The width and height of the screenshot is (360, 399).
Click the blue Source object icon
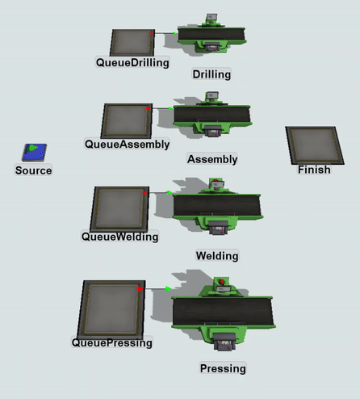[34, 152]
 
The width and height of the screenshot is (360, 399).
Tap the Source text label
[34, 170]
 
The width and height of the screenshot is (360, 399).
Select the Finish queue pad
[315, 145]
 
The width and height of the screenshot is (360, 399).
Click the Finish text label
[314, 170]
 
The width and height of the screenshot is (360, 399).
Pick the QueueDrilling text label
[132, 63]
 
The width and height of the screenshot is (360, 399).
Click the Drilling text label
[211, 74]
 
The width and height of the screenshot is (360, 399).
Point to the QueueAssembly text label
[128, 145]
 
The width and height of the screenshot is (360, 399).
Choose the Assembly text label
[212, 159]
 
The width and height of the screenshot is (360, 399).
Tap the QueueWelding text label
[119, 237]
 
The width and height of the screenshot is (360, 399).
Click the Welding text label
[217, 256]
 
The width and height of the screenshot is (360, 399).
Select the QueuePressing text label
[112, 342]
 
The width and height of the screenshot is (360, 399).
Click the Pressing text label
[223, 368]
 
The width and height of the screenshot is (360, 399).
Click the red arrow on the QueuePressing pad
[140, 289]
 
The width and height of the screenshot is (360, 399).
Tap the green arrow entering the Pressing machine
[169, 289]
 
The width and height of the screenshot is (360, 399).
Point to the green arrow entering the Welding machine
[170, 192]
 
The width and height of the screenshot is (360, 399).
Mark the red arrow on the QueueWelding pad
[145, 193]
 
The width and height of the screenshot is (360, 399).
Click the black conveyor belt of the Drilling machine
[211, 34]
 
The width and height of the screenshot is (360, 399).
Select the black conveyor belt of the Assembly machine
[212, 115]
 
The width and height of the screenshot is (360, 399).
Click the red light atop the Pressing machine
[222, 282]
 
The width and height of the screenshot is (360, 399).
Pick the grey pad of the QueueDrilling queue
[132, 43]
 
